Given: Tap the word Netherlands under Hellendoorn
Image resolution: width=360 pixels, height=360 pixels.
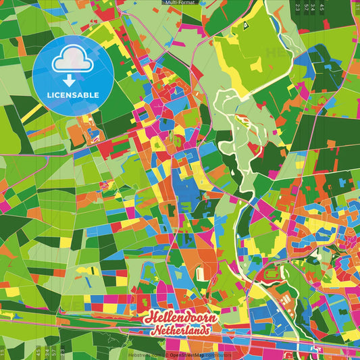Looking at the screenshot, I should coord(181,330).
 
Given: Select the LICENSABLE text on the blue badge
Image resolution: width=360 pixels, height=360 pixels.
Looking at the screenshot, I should coord(72,93).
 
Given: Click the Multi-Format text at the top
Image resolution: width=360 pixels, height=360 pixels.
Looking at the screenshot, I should coord(180,3).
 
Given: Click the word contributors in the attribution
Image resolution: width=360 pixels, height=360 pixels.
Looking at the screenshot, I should coord(217,355).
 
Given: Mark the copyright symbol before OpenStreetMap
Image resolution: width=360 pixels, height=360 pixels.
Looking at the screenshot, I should coord(166,355).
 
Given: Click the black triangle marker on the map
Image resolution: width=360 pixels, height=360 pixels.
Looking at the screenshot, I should coord(247,25).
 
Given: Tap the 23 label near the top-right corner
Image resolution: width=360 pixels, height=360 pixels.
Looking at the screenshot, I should coord(298,7).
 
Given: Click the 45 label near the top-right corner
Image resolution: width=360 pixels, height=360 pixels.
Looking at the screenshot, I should coord(322,7).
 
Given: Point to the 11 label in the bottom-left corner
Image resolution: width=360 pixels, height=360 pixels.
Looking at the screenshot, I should coord(4,353).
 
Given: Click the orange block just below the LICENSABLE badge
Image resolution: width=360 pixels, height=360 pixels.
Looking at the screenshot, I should coord(76,135).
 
